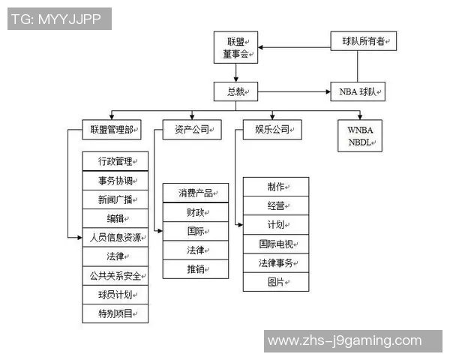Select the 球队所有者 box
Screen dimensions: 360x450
pyautogui.click(x=364, y=41)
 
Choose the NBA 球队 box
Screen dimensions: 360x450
pyautogui.click(x=358, y=92)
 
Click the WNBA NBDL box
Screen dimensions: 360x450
pyautogui.click(x=359, y=136)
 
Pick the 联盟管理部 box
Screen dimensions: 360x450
pyautogui.click(x=112, y=130)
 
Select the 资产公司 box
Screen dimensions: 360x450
pyautogui.click(x=193, y=130)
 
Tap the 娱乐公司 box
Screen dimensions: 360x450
pyautogui.click(x=272, y=130)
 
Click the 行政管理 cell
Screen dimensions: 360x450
pyautogui.click(x=115, y=161)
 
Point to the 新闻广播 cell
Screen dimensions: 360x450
pyautogui.click(x=115, y=199)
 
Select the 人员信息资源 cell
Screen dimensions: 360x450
pyautogui.click(x=115, y=237)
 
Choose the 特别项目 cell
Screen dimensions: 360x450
pyautogui.click(x=115, y=313)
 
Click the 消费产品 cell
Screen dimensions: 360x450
pyautogui.click(x=196, y=193)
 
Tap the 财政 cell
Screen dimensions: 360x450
pyautogui.click(x=196, y=212)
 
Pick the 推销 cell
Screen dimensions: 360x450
pyautogui.click(x=196, y=268)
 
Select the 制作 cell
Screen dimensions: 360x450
pyautogui.click(x=276, y=187)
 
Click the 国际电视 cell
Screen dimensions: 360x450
pyautogui.click(x=276, y=244)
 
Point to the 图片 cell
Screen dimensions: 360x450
pyautogui.click(x=276, y=282)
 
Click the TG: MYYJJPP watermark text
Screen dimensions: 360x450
pyautogui.click(x=59, y=19)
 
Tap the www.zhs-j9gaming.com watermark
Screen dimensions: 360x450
pyautogui.click(x=344, y=341)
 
